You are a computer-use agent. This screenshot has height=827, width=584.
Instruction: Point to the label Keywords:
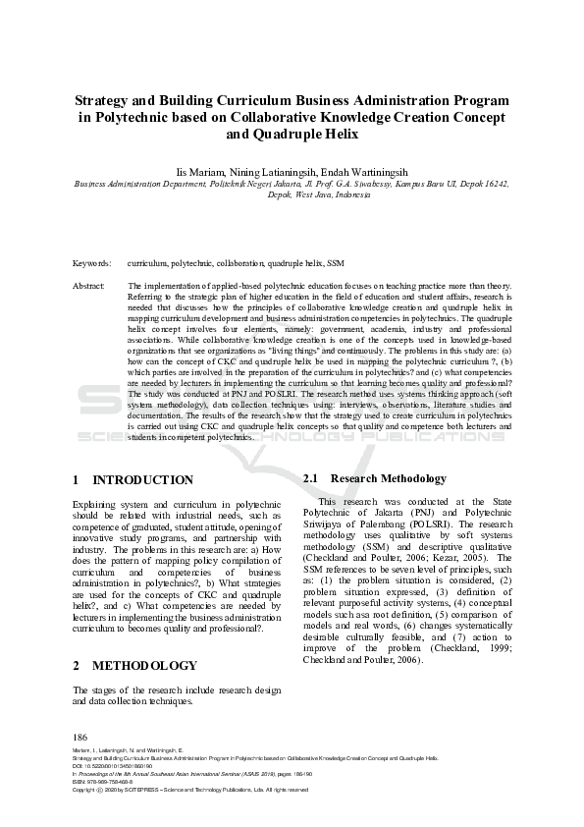[x=92, y=264]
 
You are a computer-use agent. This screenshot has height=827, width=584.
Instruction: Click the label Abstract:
[x=89, y=286]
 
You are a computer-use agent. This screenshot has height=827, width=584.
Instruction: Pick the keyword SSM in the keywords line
[x=337, y=264]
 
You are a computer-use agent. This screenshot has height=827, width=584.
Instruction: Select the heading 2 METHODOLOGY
[x=134, y=665]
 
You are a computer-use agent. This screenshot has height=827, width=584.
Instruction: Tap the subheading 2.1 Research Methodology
[x=375, y=478]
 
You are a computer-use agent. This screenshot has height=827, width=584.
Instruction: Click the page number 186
[x=80, y=737]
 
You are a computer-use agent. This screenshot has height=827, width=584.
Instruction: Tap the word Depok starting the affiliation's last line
[x=281, y=194]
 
